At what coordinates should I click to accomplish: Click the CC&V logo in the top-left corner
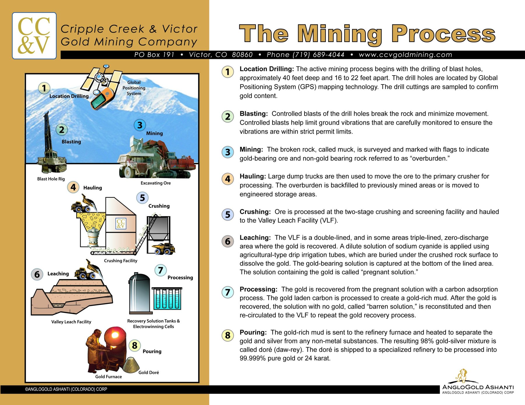click(x=34, y=36)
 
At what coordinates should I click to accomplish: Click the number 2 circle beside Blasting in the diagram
click(x=62, y=130)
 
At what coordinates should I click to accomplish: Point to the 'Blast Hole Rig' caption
click(x=51, y=179)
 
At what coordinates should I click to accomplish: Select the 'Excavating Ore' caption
click(x=156, y=183)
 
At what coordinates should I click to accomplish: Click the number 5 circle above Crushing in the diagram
click(x=142, y=198)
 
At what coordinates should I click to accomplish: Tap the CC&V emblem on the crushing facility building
click(x=121, y=223)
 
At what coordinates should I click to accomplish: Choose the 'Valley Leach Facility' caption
click(x=71, y=322)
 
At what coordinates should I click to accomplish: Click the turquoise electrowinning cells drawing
click(x=167, y=299)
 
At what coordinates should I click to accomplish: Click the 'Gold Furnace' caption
click(x=108, y=376)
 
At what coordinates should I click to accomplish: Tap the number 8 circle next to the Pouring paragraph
click(x=228, y=335)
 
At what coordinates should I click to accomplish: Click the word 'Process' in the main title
click(x=443, y=34)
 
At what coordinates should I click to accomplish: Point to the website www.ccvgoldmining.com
click(x=405, y=55)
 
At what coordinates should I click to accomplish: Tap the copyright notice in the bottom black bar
click(x=66, y=389)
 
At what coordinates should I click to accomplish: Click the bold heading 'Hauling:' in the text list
click(x=253, y=176)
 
